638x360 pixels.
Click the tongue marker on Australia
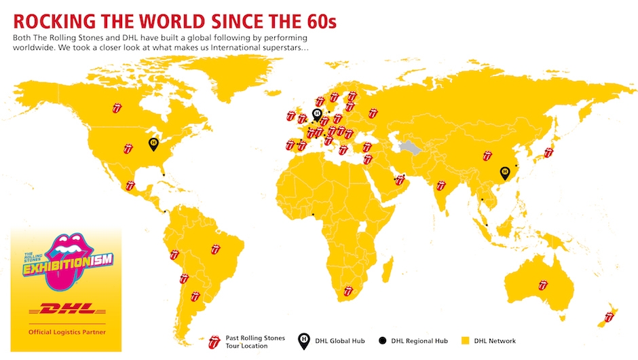click(543, 285)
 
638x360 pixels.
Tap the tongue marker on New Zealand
click(609, 317)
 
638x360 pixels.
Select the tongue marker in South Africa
click(349, 291)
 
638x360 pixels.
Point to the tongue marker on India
click(441, 185)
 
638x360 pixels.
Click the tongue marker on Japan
click(549, 153)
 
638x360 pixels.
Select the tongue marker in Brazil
click(216, 249)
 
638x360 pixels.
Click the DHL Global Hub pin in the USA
click(153, 143)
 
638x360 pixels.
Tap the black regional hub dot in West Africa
click(313, 215)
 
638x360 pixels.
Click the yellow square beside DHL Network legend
click(465, 340)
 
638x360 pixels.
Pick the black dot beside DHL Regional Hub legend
click(382, 340)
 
